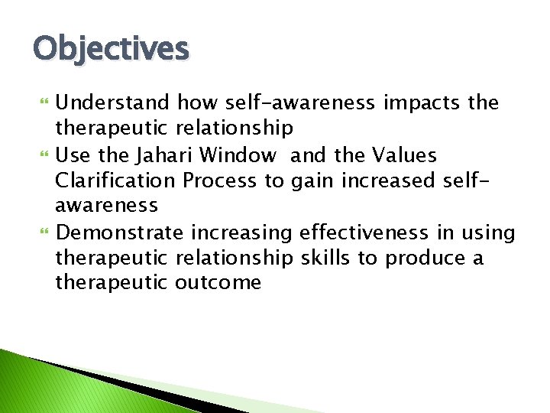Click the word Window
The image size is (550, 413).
[x=238, y=156]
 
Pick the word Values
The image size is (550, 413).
[x=404, y=156]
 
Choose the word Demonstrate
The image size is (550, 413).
[x=120, y=233]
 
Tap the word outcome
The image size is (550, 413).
[x=218, y=284]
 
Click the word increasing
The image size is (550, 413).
[x=242, y=233]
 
